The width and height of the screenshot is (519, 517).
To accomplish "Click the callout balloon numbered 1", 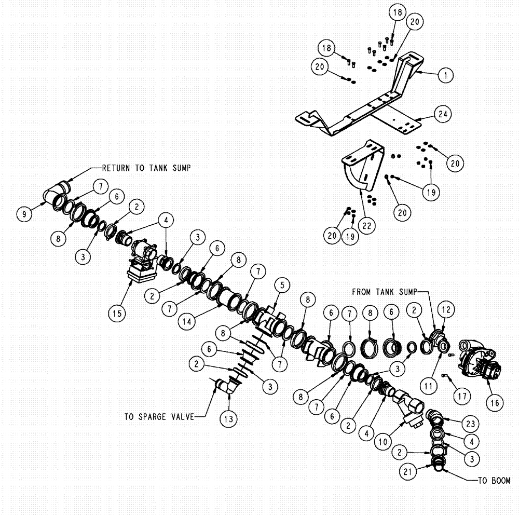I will (x=444, y=75).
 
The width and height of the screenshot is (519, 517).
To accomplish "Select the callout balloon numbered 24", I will (x=444, y=113).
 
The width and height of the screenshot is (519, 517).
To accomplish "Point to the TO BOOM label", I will (x=493, y=481).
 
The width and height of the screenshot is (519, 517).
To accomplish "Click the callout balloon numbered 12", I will (x=445, y=309).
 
